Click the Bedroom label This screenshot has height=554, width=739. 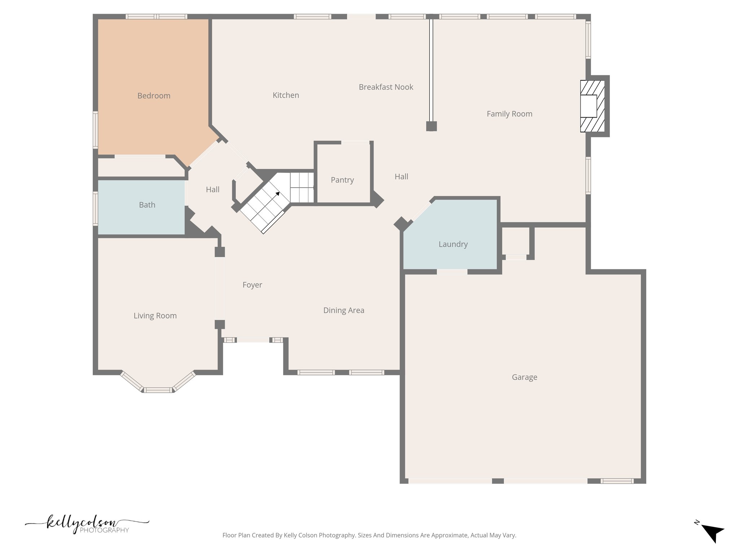(154, 96)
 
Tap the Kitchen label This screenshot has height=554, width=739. (286, 95)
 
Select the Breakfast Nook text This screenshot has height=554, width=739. (386, 87)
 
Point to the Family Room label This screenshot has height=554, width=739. (509, 114)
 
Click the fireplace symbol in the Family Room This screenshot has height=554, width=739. (592, 106)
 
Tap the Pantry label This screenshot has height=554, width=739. (342, 180)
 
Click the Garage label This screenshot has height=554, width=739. (524, 377)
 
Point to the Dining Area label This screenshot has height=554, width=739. (344, 311)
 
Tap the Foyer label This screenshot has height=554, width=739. (252, 285)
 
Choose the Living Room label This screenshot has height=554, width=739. (155, 316)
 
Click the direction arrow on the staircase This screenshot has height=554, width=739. (277, 194)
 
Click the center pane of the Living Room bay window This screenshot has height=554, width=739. (158, 390)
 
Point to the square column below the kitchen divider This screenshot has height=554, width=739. (431, 126)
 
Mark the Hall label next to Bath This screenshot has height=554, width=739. (213, 190)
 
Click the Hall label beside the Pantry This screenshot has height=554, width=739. (401, 177)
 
